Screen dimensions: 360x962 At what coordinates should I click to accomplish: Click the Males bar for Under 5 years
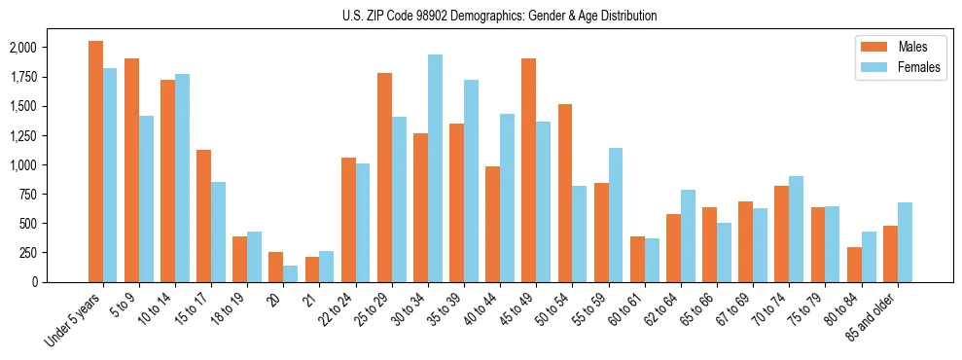(x=95, y=162)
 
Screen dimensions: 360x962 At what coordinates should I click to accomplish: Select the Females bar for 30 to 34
(x=435, y=168)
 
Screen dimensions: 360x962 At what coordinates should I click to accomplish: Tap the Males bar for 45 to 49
(x=528, y=170)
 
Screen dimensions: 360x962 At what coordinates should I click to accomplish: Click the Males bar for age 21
(x=312, y=270)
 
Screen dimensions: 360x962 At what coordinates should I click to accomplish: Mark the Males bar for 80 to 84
(x=854, y=265)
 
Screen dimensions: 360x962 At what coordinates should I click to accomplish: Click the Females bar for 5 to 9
(x=146, y=198)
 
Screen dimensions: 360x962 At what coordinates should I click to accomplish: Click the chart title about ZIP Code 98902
(x=499, y=16)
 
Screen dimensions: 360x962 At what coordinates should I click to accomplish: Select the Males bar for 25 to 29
(x=384, y=177)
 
